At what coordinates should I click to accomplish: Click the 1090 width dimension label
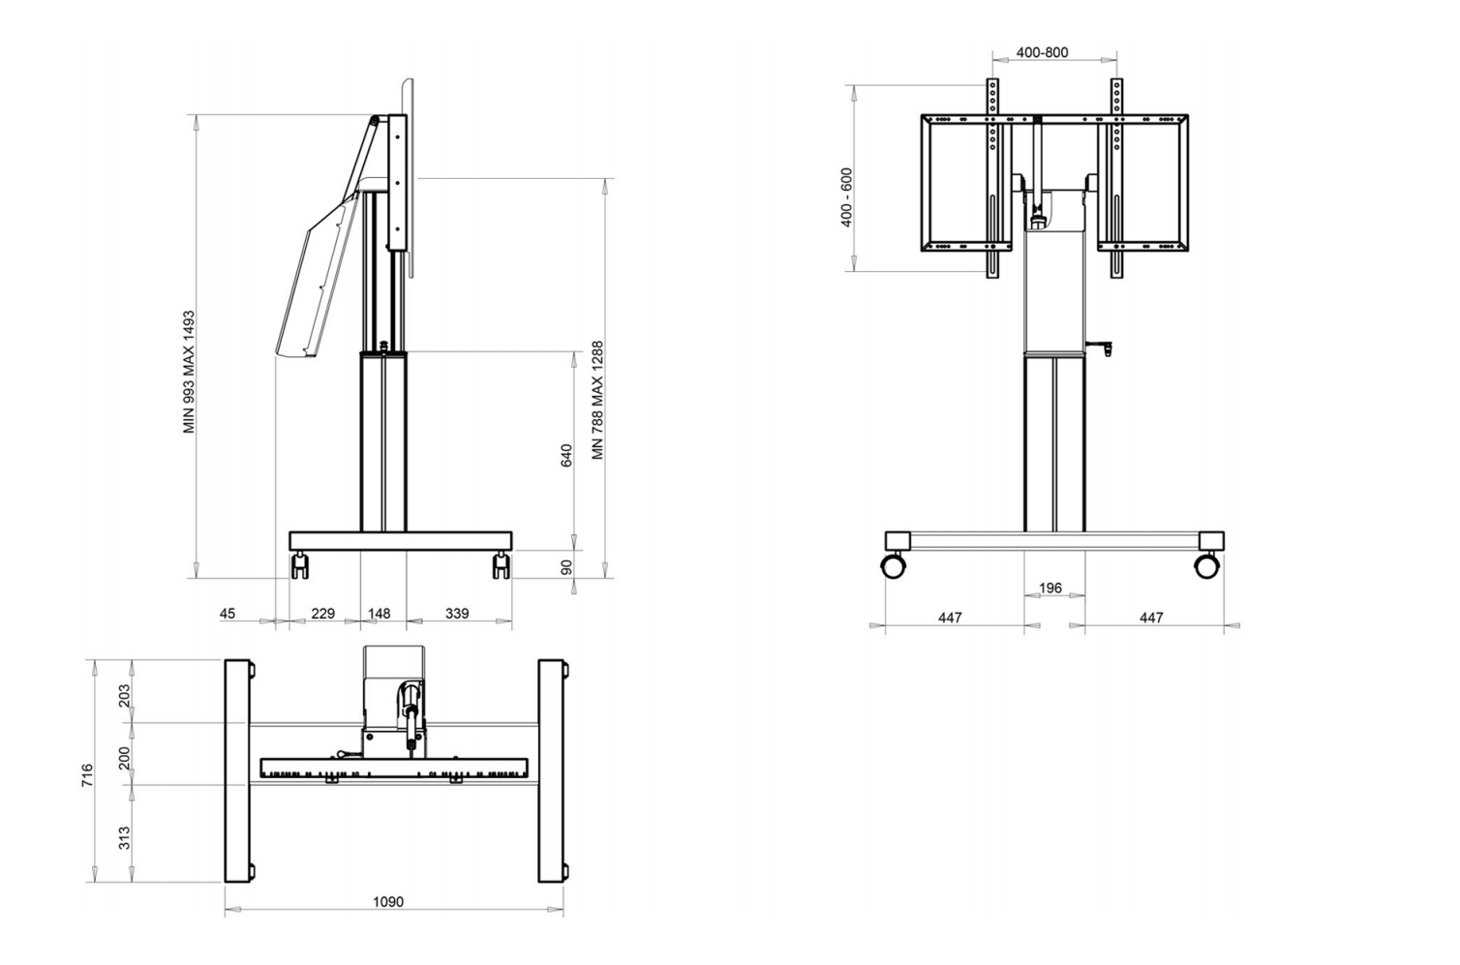pyautogui.click(x=388, y=902)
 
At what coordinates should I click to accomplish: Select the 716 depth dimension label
pyautogui.click(x=87, y=775)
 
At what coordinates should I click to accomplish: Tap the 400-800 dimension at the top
pyautogui.click(x=1042, y=52)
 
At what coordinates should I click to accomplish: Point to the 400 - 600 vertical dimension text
pyautogui.click(x=847, y=197)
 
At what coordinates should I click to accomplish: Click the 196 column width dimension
pyautogui.click(x=1050, y=588)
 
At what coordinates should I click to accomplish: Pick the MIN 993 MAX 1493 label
pyautogui.click(x=189, y=372)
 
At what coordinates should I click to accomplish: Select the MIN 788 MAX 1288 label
pyautogui.click(x=597, y=400)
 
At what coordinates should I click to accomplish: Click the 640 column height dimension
pyautogui.click(x=566, y=455)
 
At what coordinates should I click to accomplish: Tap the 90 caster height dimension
pyautogui.click(x=566, y=567)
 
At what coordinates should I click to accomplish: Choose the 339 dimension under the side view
pyautogui.click(x=457, y=613)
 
